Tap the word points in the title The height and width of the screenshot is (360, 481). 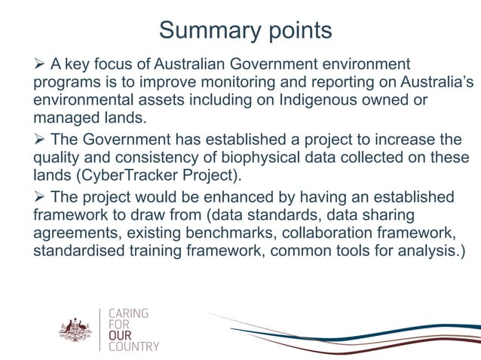point(296,32)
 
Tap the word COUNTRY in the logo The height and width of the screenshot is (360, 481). point(134,346)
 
